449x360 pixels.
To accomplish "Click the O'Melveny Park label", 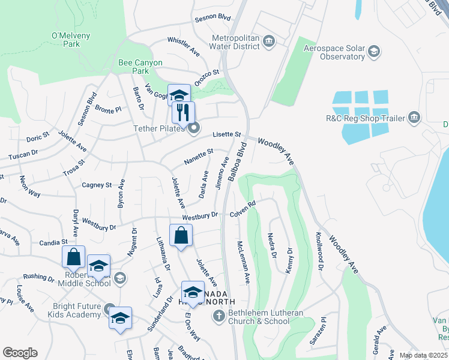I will coord(66,40).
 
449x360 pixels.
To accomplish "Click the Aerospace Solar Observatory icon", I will coord(374,52).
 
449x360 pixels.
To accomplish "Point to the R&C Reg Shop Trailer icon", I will coord(414,118).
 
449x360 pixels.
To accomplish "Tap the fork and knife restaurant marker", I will coord(183,112).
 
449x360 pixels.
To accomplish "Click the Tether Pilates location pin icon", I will coord(193,127).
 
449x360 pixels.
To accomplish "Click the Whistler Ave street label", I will coord(184,46).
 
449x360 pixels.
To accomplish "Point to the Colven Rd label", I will coord(243,209).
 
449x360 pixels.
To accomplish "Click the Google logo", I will coord(20,352).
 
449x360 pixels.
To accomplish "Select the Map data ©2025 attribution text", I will coord(423,355).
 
